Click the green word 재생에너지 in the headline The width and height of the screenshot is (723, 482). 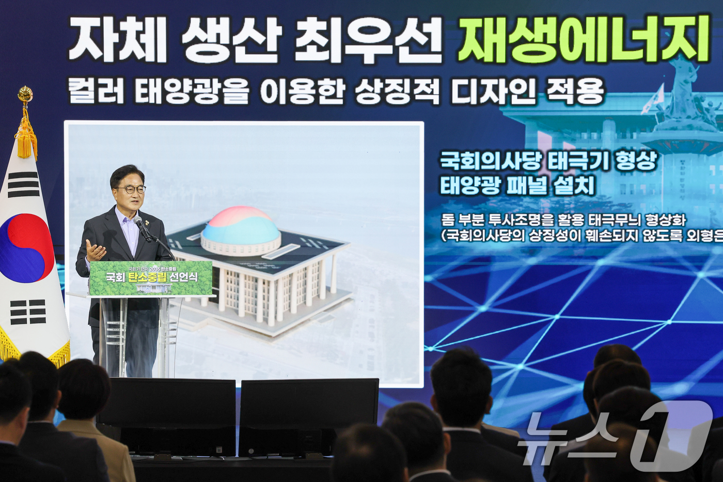tap(584, 39)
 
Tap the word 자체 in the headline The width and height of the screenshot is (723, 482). tap(118, 40)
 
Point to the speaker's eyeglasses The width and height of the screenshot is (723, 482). tap(132, 190)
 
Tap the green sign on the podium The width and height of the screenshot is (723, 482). tap(151, 278)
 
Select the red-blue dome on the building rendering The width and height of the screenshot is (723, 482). tap(241, 227)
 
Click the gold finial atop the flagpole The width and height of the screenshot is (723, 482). tap(25, 95)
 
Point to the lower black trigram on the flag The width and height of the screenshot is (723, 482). tap(28, 312)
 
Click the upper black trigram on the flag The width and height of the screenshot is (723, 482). tap(23, 184)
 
